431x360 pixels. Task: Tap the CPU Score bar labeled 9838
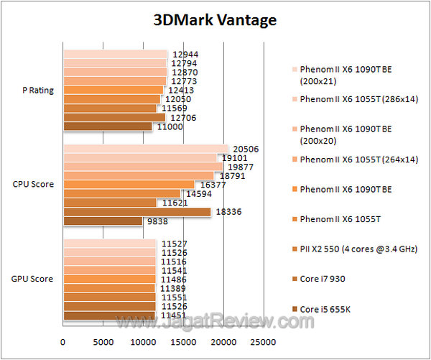coord(103,221)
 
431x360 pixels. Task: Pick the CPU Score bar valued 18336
coord(137,212)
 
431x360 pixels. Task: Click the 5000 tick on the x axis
coord(103,341)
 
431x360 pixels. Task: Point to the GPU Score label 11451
coord(175,315)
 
